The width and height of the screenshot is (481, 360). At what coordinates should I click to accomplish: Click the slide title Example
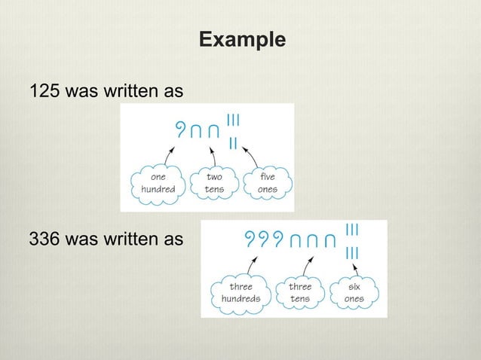pos(242,38)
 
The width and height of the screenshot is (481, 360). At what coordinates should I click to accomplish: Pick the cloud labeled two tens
pos(214,183)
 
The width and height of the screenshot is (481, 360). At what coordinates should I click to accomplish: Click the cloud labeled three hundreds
pos(240,292)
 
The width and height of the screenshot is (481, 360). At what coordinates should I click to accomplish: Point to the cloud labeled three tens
pos(300,292)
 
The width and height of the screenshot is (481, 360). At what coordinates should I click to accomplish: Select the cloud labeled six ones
pos(354,292)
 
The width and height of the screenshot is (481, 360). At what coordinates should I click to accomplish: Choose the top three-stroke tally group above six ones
pos(351,228)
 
